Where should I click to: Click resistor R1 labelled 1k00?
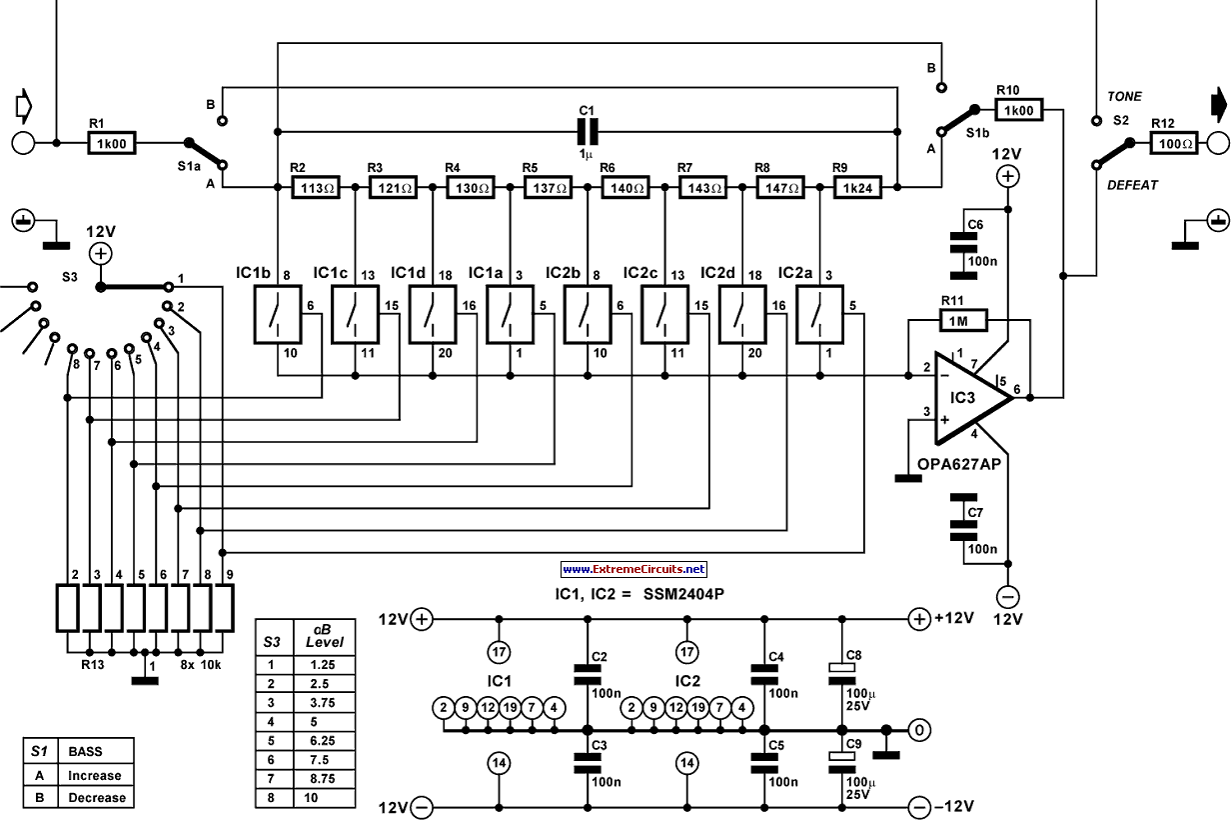pyautogui.click(x=112, y=144)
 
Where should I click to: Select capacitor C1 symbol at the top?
pyautogui.click(x=586, y=130)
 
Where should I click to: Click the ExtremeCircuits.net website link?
pyautogui.click(x=633, y=569)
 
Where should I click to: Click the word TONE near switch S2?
pyautogui.click(x=1124, y=97)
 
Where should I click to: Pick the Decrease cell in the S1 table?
pyautogui.click(x=96, y=798)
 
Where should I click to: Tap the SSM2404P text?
pyautogui.click(x=683, y=593)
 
